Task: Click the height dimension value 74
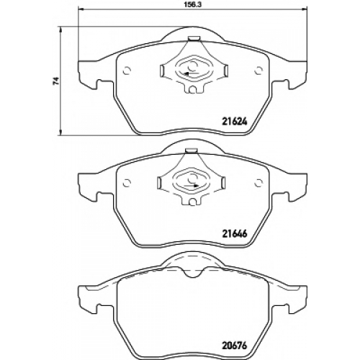pos(56,81)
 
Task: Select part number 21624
pos(233,122)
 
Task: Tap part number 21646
pos(233,233)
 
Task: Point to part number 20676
pos(233,346)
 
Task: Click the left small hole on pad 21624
pos(127,71)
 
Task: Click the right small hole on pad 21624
pos(258,71)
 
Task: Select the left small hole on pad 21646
pos(127,183)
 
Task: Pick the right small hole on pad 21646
pos(258,183)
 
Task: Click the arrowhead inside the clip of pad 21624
pos(186,73)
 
